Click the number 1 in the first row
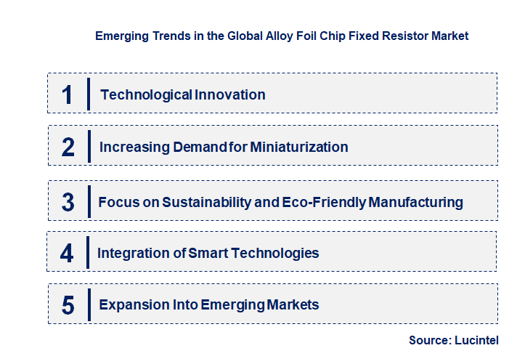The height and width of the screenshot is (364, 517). [68, 94]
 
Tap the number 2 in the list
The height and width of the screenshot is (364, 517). [68, 147]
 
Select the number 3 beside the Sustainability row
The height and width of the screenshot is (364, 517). [68, 202]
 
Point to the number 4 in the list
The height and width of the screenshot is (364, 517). [67, 254]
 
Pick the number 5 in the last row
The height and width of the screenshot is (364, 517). [68, 305]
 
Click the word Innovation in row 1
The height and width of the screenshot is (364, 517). [229, 94]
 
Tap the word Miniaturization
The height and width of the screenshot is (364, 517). [299, 147]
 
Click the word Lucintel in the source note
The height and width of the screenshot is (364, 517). [477, 340]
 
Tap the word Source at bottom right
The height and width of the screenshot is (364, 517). [428, 340]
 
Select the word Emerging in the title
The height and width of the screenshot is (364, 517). [119, 35]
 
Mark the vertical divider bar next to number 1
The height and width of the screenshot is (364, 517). [89, 94]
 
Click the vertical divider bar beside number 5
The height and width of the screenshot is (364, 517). [89, 304]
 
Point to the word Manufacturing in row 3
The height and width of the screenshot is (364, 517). [416, 202]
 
